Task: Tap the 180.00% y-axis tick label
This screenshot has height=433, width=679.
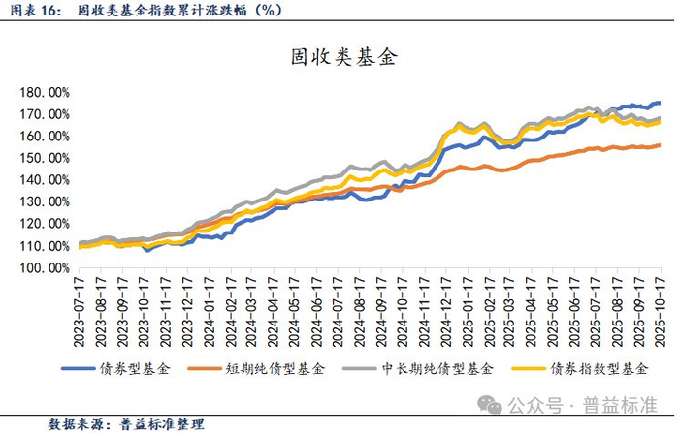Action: pyautogui.click(x=45, y=93)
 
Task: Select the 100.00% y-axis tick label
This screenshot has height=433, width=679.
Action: pyautogui.click(x=45, y=268)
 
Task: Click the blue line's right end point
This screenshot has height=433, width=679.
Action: pyautogui.click(x=660, y=103)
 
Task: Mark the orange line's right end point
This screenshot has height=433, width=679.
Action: pyautogui.click(x=660, y=145)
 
